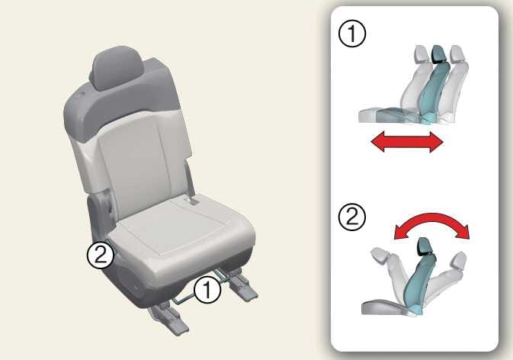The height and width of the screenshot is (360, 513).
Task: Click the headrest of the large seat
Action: [x=116, y=68]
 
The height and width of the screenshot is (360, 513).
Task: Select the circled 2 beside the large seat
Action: [x=101, y=255]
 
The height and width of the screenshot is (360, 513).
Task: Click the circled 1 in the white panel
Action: [x=352, y=34]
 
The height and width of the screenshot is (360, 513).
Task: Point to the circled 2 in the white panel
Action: [x=352, y=217]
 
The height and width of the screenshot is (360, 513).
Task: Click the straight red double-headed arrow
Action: [x=407, y=142]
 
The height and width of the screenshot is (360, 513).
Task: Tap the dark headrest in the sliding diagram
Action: [x=438, y=54]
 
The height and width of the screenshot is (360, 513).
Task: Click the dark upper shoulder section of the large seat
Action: [x=121, y=104]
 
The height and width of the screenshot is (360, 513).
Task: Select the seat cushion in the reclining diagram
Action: [x=384, y=307]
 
